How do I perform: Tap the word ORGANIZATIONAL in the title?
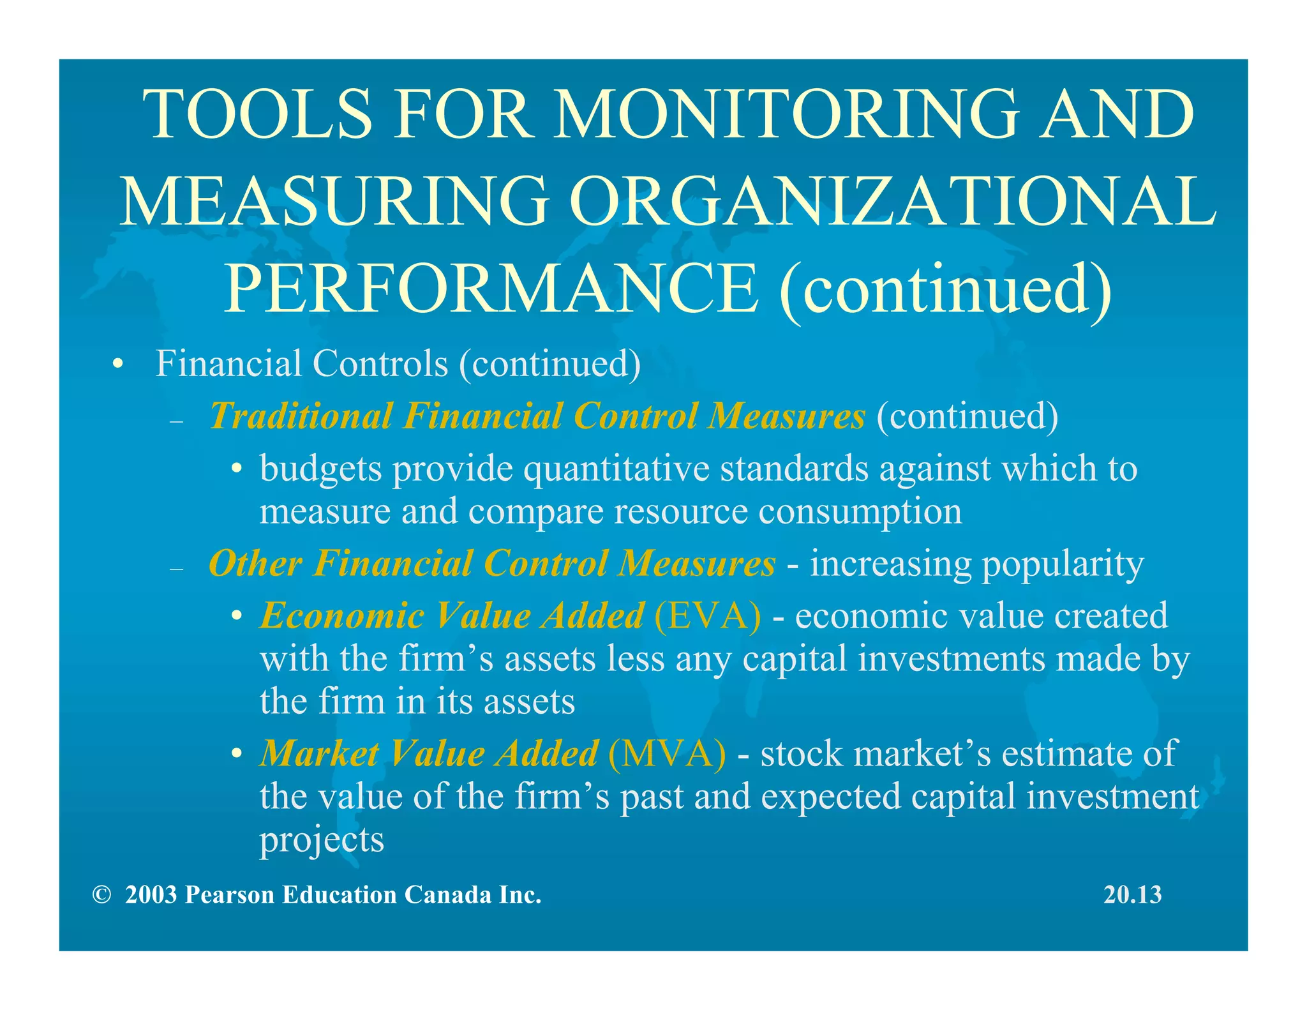(893, 201)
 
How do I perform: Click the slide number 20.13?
(1133, 894)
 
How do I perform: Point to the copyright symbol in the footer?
(101, 895)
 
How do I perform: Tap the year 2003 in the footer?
(151, 895)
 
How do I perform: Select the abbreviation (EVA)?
(707, 616)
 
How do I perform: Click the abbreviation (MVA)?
(667, 754)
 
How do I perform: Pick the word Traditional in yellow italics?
(301, 416)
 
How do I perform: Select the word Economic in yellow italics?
(342, 616)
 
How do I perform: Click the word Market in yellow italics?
(320, 754)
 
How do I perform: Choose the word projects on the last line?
(322, 841)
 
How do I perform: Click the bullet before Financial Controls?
(116, 365)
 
